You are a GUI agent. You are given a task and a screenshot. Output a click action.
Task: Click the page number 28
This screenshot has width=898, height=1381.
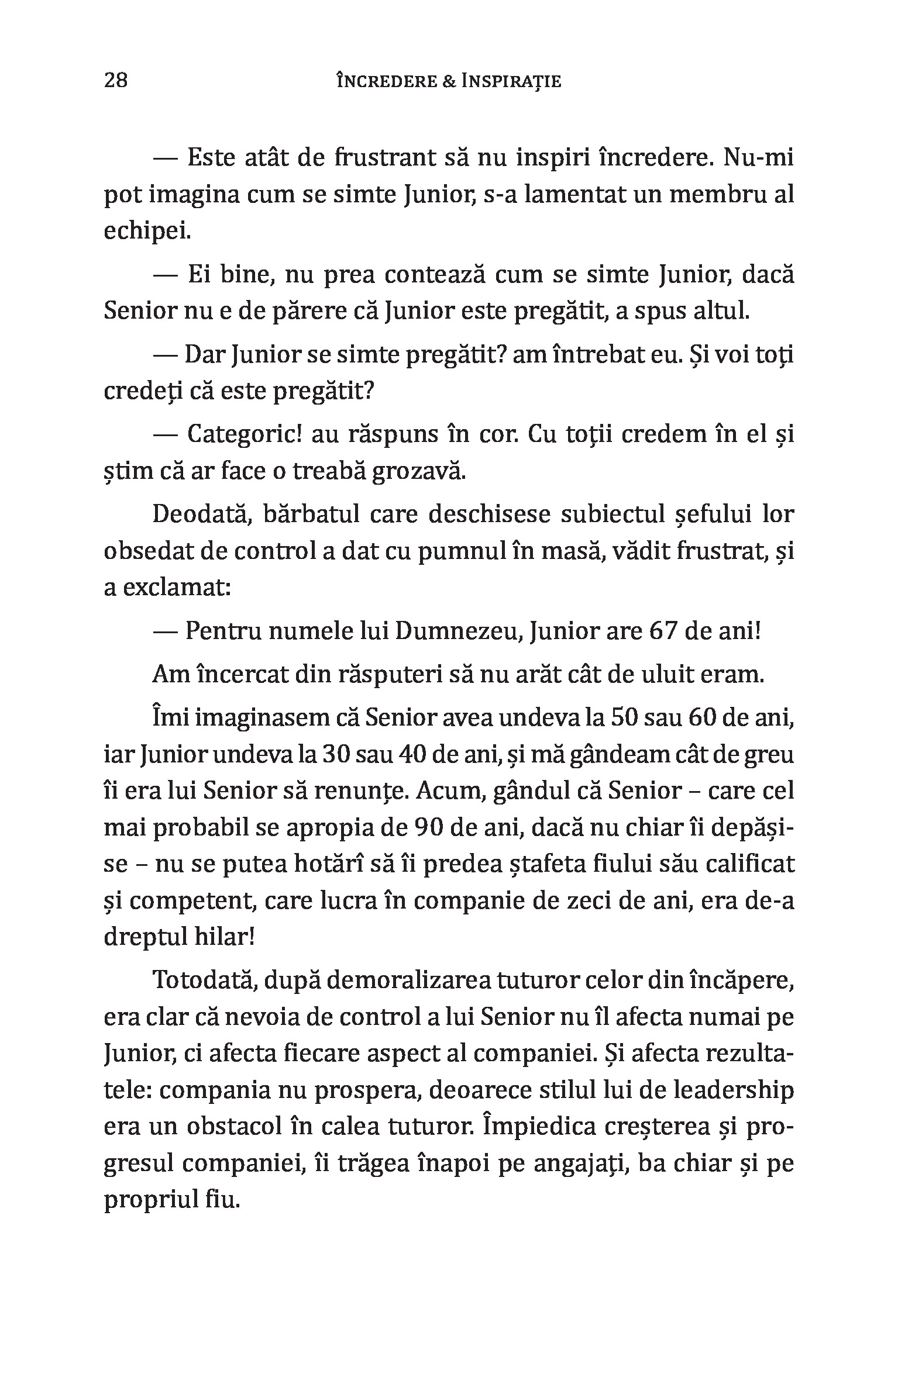116,80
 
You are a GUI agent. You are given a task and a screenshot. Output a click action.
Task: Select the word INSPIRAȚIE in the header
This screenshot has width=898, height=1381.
511,81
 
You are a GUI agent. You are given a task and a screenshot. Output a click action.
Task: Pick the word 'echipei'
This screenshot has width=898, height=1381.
147,232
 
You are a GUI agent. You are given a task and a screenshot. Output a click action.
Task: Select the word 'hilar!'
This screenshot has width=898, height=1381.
222,938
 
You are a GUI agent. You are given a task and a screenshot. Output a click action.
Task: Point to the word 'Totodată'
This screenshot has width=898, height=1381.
203,980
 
